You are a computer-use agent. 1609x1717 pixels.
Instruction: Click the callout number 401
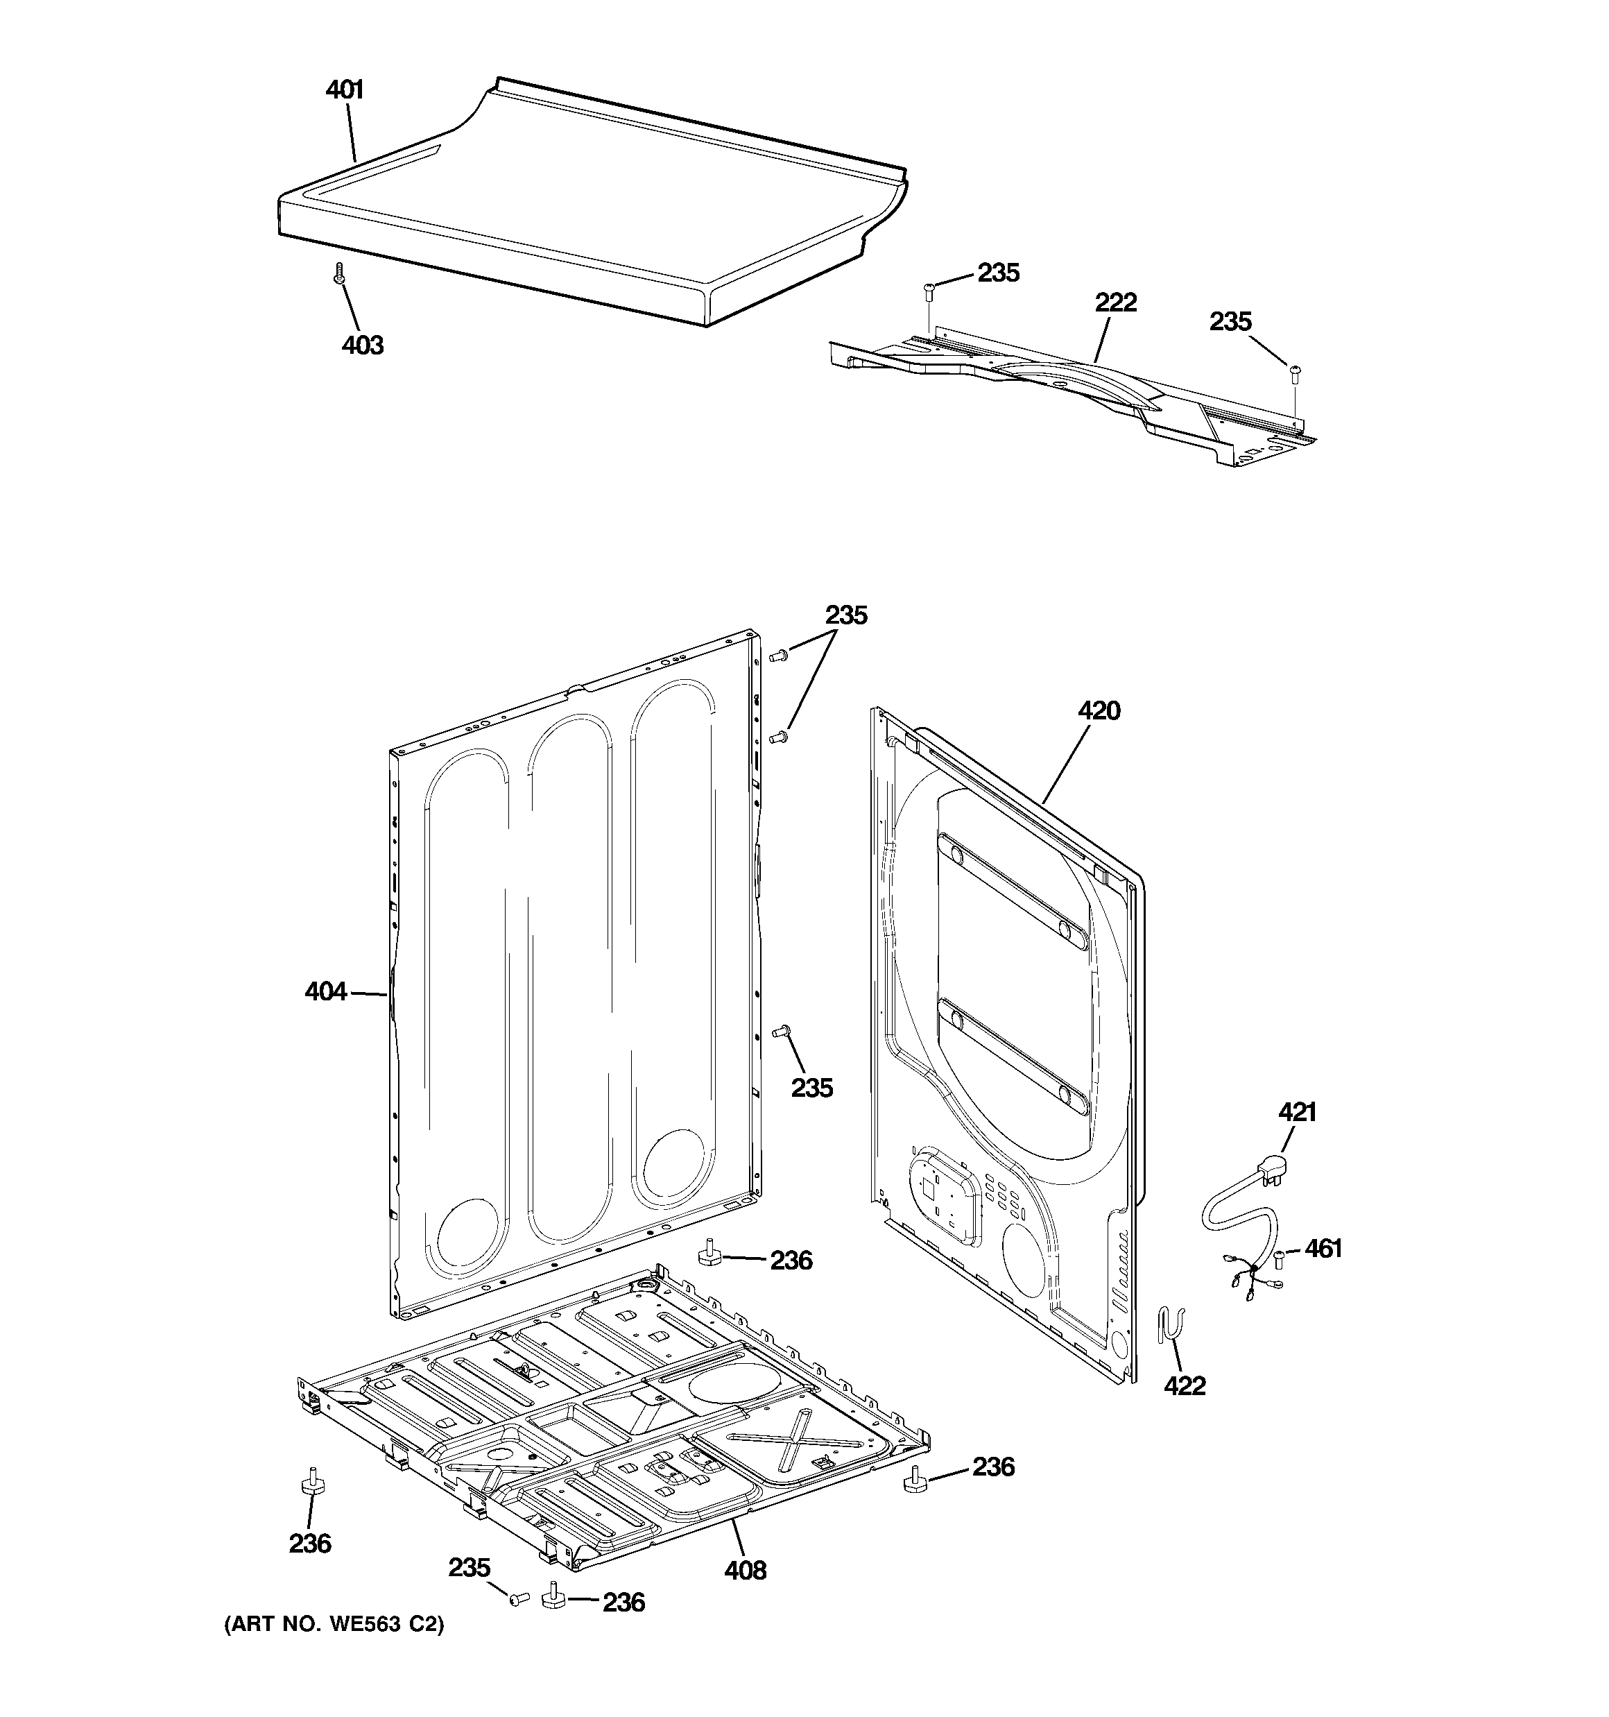[x=344, y=89]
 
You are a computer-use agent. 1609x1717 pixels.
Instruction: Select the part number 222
[x=1116, y=303]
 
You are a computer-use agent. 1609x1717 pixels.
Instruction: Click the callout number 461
[x=1323, y=1248]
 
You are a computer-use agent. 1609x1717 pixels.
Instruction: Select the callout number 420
[x=1099, y=711]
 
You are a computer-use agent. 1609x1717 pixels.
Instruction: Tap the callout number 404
[x=325, y=991]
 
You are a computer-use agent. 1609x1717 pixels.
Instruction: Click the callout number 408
[x=744, y=1570]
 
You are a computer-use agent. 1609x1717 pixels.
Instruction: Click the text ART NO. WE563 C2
[x=334, y=1625]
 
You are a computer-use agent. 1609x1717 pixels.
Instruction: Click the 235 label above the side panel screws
[x=845, y=616]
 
